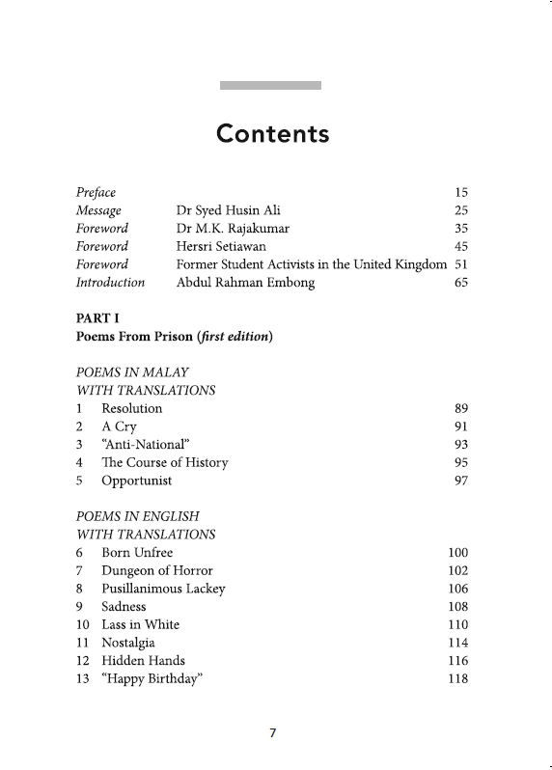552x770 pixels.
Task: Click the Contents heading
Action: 273,133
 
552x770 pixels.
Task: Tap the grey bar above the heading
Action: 270,86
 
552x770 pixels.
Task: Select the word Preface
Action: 96,192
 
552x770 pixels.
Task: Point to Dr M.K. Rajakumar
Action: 234,229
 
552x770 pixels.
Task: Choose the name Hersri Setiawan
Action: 222,246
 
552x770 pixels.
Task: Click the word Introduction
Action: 110,283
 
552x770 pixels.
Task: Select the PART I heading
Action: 97,317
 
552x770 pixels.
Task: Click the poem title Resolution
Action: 132,408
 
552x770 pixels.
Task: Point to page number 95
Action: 460,462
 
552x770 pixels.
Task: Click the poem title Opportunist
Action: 136,481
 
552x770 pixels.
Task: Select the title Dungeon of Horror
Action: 157,570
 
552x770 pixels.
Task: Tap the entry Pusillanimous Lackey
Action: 163,589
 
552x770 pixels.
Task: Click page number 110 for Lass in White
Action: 457,624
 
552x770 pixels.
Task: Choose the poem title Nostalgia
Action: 128,643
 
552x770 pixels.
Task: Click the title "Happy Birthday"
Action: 152,678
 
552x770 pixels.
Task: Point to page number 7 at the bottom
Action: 273,733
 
